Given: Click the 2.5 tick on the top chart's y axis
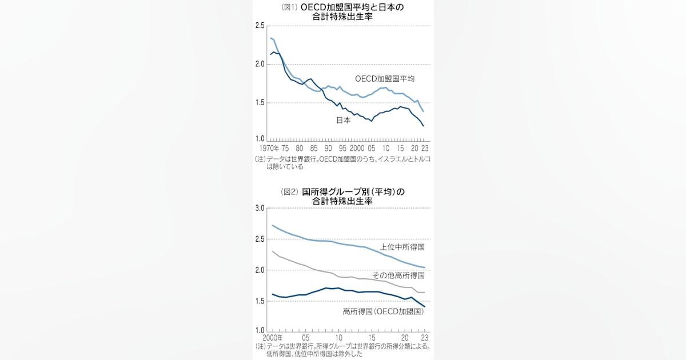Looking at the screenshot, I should pos(260,26).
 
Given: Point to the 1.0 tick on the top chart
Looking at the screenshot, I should pos(260,139).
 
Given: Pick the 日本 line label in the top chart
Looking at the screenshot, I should pos(343,121).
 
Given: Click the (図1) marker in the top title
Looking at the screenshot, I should pos(288,7).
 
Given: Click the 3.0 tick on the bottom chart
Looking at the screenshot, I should pos(260,209).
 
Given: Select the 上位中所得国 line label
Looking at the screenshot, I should pos(402,247).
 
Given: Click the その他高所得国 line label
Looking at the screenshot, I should pos(398,275).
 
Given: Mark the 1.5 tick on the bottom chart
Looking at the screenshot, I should pos(260,301).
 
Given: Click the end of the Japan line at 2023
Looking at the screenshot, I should pos(424,126).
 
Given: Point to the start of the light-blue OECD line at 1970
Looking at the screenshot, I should pos(270,38).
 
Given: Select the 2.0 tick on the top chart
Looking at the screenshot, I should pos(260,65).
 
